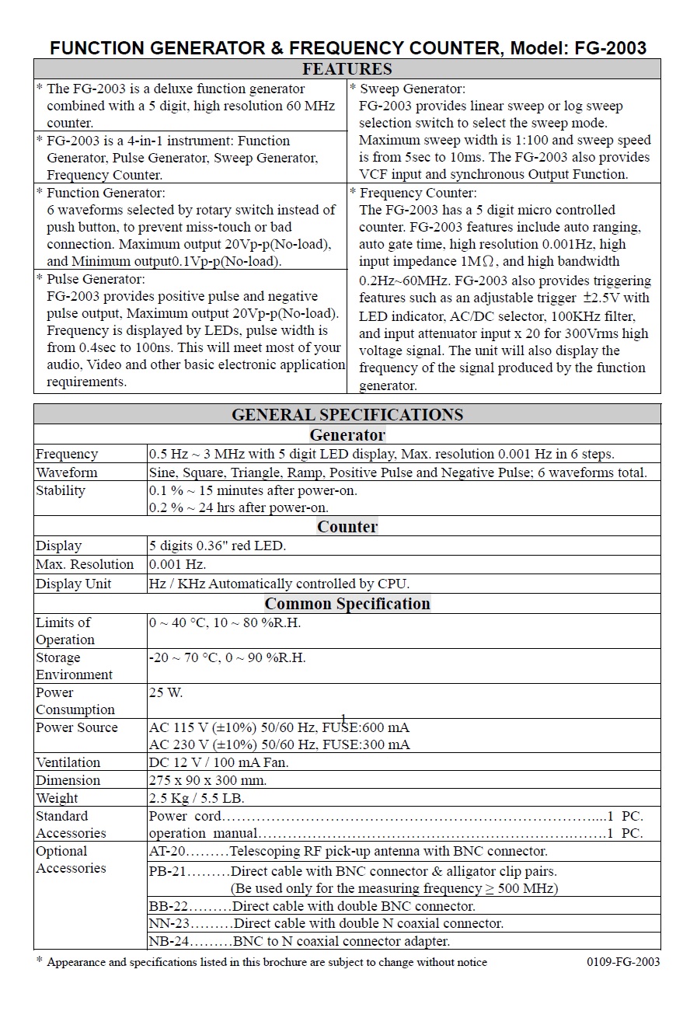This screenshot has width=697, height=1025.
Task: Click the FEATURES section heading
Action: pos(347,69)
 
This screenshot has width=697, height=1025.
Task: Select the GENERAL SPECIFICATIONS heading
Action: pos(347,414)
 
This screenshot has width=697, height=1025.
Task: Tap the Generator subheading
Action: pos(347,435)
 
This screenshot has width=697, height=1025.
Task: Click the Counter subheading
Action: pos(347,527)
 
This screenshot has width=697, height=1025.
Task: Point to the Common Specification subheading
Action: pos(347,604)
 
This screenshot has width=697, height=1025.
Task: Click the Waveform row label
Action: pos(67,472)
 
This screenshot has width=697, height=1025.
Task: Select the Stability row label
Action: pos(61,490)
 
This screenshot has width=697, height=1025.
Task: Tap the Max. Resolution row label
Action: pos(85,564)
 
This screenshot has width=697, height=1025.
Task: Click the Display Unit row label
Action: pos(74,584)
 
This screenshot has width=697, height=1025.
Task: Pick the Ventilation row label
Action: pos(68,762)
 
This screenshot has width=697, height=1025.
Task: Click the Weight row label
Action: pos(58,798)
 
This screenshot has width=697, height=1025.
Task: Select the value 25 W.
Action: pos(166,692)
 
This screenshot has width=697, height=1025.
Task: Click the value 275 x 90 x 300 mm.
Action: pos(207,780)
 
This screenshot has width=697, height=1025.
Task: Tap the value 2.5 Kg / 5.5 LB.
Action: pos(196,798)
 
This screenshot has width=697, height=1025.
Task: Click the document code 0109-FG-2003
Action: pos(623,962)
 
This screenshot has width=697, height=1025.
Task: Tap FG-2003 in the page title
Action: pos(610,48)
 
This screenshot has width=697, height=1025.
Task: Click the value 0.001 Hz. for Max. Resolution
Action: pos(177,564)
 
